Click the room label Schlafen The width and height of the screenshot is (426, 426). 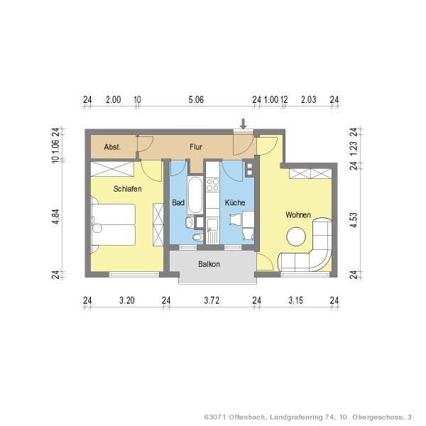point(127,189)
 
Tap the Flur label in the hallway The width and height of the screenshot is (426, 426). point(197,147)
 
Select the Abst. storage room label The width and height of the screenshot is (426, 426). point(111,147)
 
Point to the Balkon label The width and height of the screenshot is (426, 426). point(209,264)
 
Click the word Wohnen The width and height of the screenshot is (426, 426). point(298,214)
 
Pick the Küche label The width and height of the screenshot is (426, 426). point(235,203)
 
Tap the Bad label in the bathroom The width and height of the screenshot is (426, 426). point(178,203)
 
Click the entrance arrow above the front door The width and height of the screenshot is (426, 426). point(244,124)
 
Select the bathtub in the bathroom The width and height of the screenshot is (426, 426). point(195,194)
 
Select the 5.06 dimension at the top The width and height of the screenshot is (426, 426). point(196,100)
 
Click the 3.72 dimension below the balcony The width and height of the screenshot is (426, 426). point(211,300)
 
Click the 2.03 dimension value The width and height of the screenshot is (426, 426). point(308,100)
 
